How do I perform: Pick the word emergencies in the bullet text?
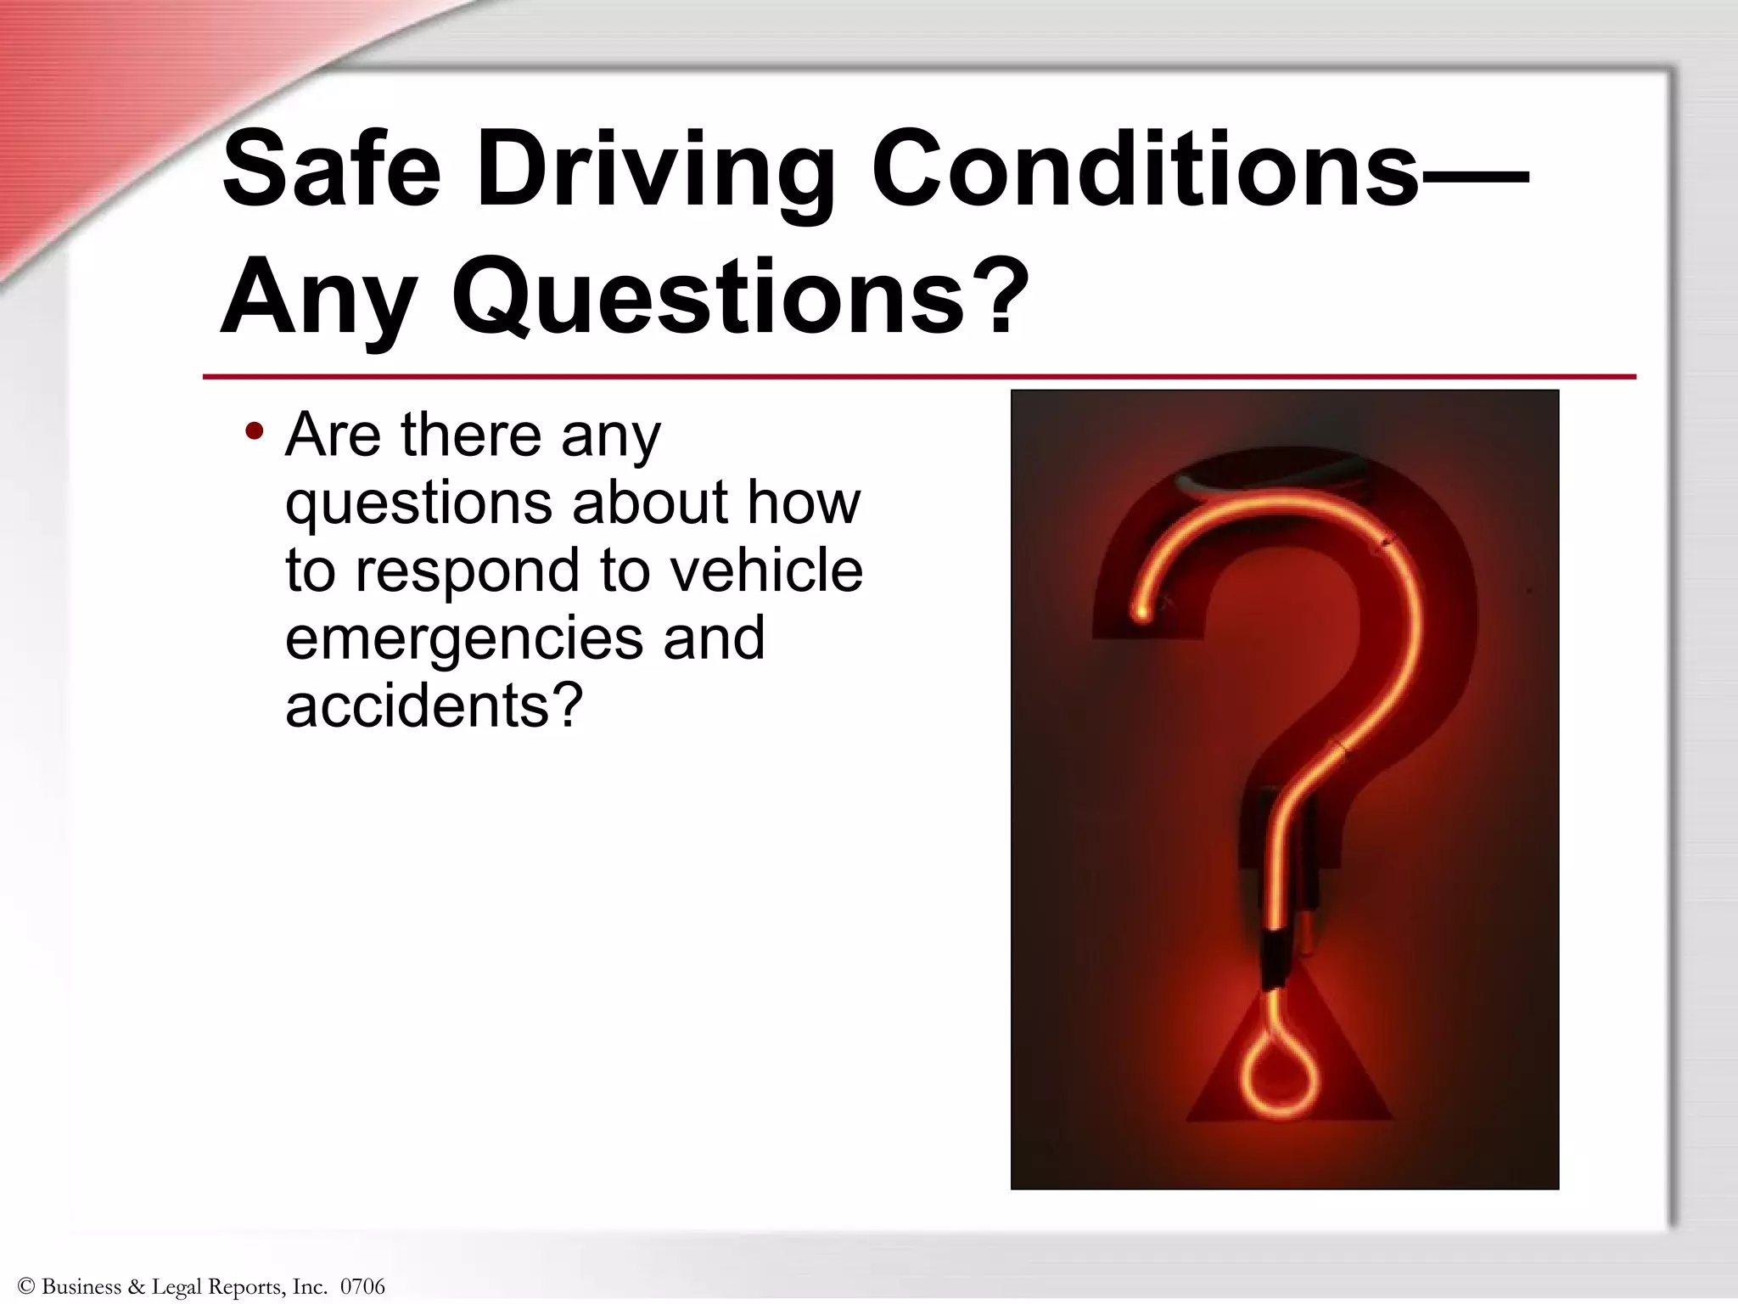463,638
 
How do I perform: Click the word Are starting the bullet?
332,435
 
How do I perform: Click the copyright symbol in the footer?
25,1287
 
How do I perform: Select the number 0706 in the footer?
362,1287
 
